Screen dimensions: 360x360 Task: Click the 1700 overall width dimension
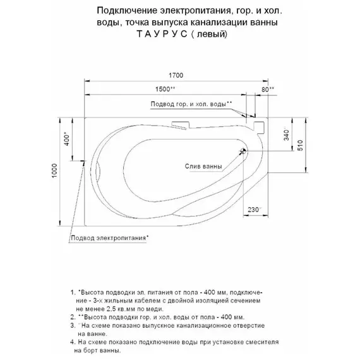pos(176,75)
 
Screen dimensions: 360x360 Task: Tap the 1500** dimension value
pos(165,89)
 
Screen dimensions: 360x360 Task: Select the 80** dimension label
pos(268,89)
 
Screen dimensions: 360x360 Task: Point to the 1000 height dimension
pos(54,171)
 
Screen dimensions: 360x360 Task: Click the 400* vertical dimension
pos(67,139)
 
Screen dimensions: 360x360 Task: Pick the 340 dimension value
pos(286,135)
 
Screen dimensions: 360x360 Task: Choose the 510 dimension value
pos(300,145)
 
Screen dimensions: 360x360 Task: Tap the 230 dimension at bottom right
pos(254,210)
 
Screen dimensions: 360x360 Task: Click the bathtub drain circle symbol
pos(243,151)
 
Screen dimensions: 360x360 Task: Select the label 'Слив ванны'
pos(203,166)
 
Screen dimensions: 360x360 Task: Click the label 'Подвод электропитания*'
pos(110,237)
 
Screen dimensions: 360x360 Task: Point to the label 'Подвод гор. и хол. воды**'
pos(191,104)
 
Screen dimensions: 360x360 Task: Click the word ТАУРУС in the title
pos(162,34)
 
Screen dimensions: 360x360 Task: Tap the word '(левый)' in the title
pos(209,35)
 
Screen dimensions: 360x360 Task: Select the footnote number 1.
pos(73,292)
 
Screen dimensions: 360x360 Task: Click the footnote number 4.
pos(73,342)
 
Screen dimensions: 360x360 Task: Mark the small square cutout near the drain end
pos(259,128)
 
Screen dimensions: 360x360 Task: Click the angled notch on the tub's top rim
pos(180,125)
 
